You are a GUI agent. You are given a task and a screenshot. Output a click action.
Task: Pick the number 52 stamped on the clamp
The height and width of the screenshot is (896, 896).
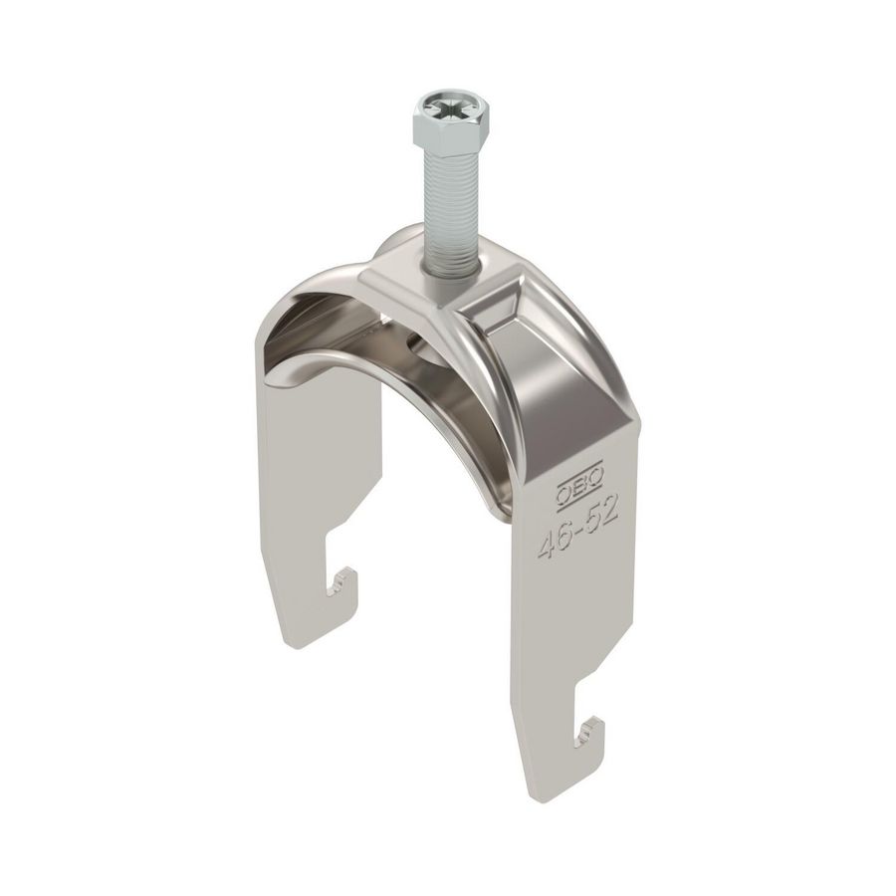pos(601,512)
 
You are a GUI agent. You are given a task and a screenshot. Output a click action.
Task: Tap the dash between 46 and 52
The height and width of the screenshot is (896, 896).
pos(577,526)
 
